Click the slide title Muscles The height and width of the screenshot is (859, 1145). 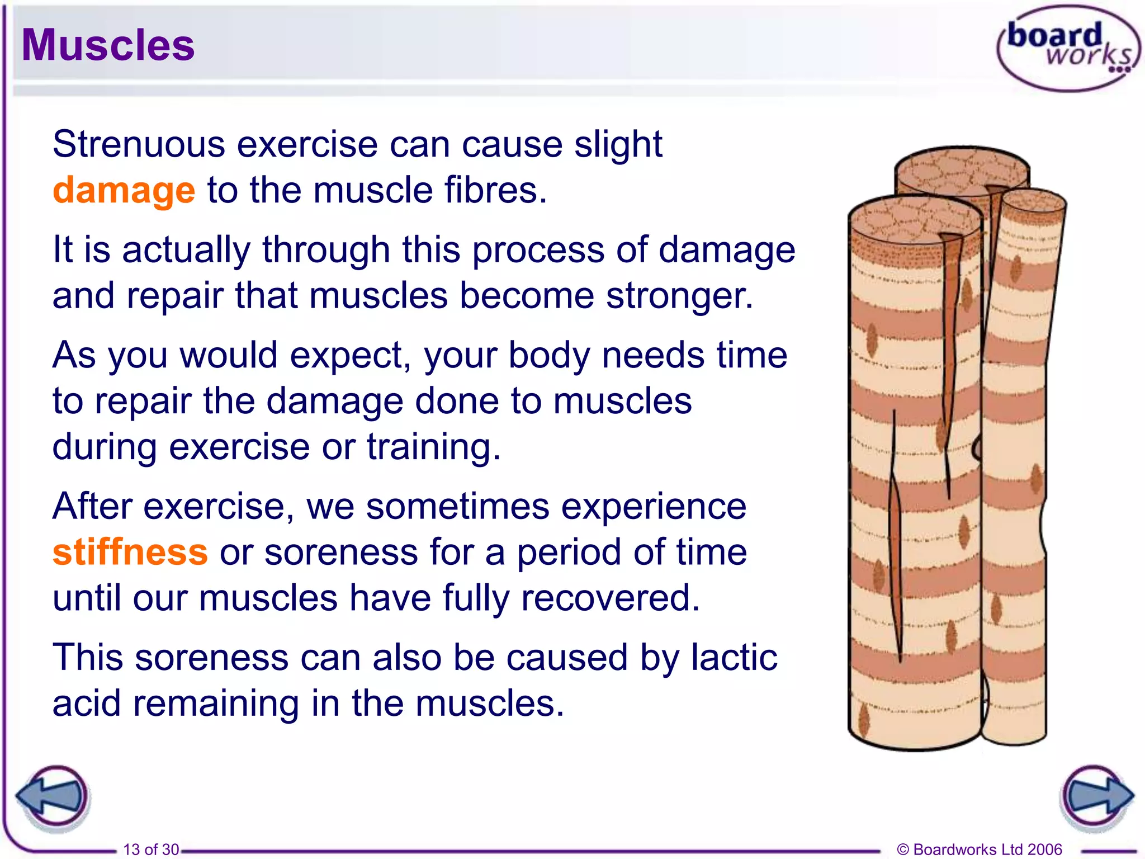pos(108,45)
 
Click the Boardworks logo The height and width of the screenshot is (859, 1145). pos(1068,48)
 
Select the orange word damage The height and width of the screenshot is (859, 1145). pos(124,190)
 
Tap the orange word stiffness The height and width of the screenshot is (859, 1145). pos(130,552)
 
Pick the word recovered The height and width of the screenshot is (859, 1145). pos(610,598)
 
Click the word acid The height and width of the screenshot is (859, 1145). pos(87,703)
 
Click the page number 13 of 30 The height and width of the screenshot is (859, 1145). pos(151,849)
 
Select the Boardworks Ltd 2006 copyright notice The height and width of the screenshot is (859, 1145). pos(979,849)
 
